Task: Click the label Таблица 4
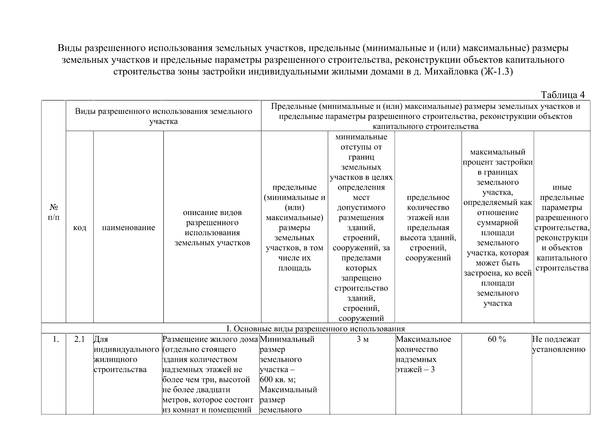click(562, 95)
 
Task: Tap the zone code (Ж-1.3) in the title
click(497, 72)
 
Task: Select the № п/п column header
click(54, 212)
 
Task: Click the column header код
click(79, 228)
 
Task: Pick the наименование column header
click(128, 228)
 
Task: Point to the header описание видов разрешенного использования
click(212, 228)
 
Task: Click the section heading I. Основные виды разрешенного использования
click(315, 329)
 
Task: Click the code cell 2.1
click(79, 339)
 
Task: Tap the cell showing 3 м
click(362, 339)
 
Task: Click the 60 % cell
click(496, 339)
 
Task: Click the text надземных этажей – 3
click(416, 365)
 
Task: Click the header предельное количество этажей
click(428, 228)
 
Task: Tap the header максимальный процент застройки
click(497, 228)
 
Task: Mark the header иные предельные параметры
click(562, 228)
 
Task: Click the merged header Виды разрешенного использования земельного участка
click(163, 116)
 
